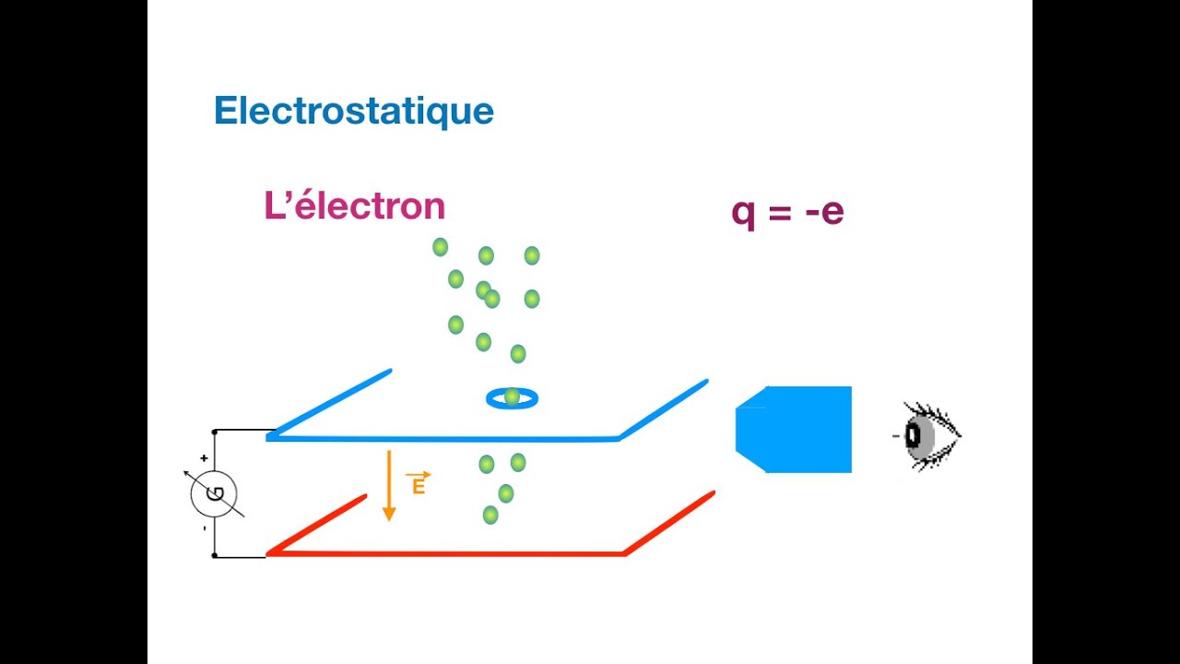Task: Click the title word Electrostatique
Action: [354, 112]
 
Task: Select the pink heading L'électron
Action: [354, 206]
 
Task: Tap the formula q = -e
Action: [787, 212]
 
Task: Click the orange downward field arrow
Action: [389, 485]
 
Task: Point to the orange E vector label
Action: [418, 483]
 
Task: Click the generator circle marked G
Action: [214, 494]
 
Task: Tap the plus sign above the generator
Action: [204, 457]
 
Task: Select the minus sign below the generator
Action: [204, 528]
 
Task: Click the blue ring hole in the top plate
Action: [512, 398]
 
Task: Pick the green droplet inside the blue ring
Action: [512, 397]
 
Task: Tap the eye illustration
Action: [926, 435]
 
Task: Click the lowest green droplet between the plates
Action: [490, 515]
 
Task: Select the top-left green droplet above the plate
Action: [441, 247]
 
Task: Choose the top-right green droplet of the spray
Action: [532, 255]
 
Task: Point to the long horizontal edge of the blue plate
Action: [442, 438]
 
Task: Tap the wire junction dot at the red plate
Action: [214, 555]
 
